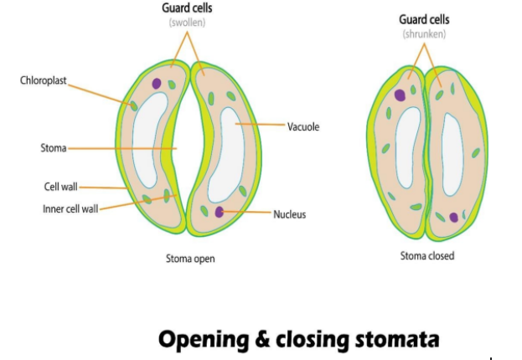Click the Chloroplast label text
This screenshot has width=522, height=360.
[43, 81]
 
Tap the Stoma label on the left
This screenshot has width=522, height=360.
[53, 148]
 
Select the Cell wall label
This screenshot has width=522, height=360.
[61, 187]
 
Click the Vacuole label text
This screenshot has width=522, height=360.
[303, 127]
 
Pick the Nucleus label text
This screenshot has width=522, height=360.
[289, 214]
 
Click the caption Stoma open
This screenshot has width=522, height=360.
[190, 259]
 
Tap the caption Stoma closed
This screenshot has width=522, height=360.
[426, 255]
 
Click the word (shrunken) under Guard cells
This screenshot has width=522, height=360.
[426, 34]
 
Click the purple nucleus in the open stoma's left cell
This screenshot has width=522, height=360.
[157, 84]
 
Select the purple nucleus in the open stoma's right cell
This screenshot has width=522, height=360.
[220, 212]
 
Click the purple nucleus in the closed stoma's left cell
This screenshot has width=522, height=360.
[401, 95]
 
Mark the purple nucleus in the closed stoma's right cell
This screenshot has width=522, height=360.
[454, 218]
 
